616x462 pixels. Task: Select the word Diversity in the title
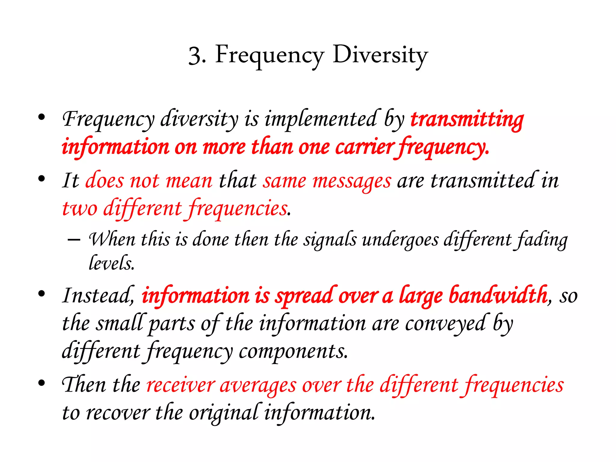click(x=380, y=55)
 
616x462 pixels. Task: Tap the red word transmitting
click(x=467, y=119)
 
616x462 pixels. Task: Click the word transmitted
click(x=483, y=180)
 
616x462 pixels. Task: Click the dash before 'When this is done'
click(x=74, y=240)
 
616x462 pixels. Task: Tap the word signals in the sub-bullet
click(x=330, y=240)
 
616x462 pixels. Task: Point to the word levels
click(x=111, y=263)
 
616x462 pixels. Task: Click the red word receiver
click(x=180, y=385)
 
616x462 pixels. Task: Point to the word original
click(x=223, y=413)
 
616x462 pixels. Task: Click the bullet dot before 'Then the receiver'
click(x=42, y=383)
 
